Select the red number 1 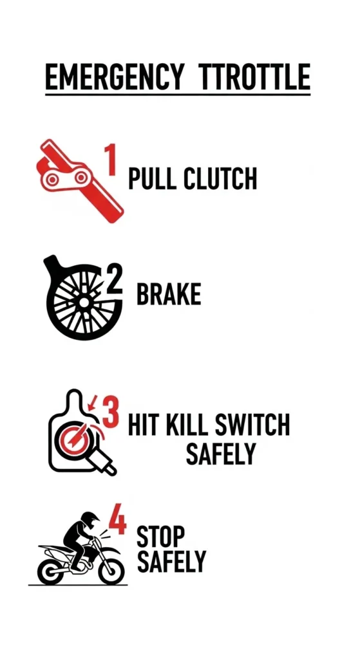click(x=111, y=160)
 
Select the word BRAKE click(x=169, y=294)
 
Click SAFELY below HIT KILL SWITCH click(x=221, y=454)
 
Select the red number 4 click(x=117, y=521)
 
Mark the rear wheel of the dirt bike click(x=51, y=570)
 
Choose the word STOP click(x=161, y=535)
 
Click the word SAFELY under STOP click(x=171, y=561)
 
